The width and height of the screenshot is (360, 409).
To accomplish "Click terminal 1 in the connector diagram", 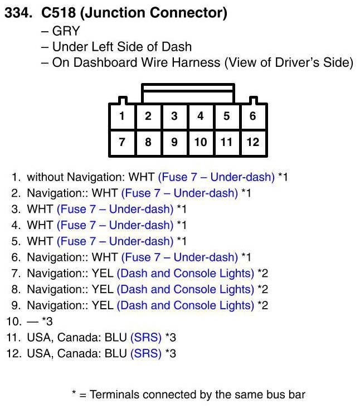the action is click(122, 116).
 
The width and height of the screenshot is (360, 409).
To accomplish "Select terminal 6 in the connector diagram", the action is click(253, 116).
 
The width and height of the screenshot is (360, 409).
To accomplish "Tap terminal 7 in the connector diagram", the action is click(122, 143).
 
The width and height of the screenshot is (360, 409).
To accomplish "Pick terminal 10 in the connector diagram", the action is click(201, 143).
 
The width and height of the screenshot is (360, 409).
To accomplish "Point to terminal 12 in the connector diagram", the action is click(253, 143).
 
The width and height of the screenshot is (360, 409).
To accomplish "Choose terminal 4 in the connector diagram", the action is click(201, 116).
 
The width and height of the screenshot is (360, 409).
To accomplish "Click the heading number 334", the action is click(18, 12).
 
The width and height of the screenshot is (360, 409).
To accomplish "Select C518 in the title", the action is click(59, 12).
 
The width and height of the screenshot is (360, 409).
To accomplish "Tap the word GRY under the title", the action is click(66, 31).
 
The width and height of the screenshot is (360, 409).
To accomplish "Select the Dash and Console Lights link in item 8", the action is click(186, 289).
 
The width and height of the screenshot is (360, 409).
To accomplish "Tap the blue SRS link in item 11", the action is click(146, 338).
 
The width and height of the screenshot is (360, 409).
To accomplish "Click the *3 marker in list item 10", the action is click(47, 321).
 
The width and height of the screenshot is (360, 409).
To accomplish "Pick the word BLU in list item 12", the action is click(115, 353).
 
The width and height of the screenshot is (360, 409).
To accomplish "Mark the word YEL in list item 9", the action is click(103, 305).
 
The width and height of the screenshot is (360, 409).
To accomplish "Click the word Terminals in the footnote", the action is click(114, 395).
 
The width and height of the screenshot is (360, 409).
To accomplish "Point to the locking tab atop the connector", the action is click(188, 93).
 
